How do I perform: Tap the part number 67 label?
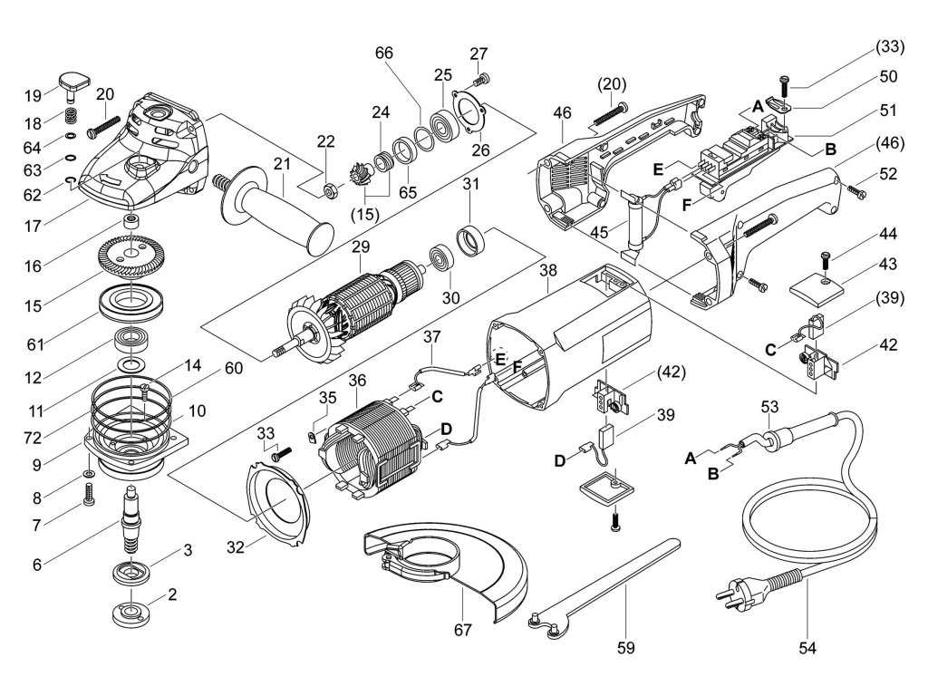click(x=462, y=630)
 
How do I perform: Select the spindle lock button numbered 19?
click(x=74, y=84)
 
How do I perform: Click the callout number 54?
click(x=807, y=647)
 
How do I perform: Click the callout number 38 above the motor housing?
click(x=548, y=270)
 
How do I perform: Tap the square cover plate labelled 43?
click(x=817, y=289)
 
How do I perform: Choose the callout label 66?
click(x=383, y=53)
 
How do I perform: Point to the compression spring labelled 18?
click(x=72, y=115)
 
